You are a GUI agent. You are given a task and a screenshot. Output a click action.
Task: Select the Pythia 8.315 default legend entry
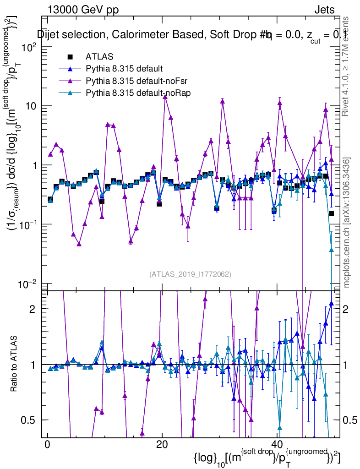(124, 69)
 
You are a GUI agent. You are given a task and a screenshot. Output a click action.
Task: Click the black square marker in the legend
(71, 57)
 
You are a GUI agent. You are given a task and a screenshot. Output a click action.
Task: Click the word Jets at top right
(324, 10)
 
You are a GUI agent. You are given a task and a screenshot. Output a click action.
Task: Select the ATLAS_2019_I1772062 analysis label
(190, 274)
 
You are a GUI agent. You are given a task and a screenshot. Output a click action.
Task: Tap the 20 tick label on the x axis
(161, 447)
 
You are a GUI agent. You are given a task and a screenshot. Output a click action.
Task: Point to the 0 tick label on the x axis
(47, 447)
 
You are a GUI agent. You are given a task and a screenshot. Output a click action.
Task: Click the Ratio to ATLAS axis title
(15, 364)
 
